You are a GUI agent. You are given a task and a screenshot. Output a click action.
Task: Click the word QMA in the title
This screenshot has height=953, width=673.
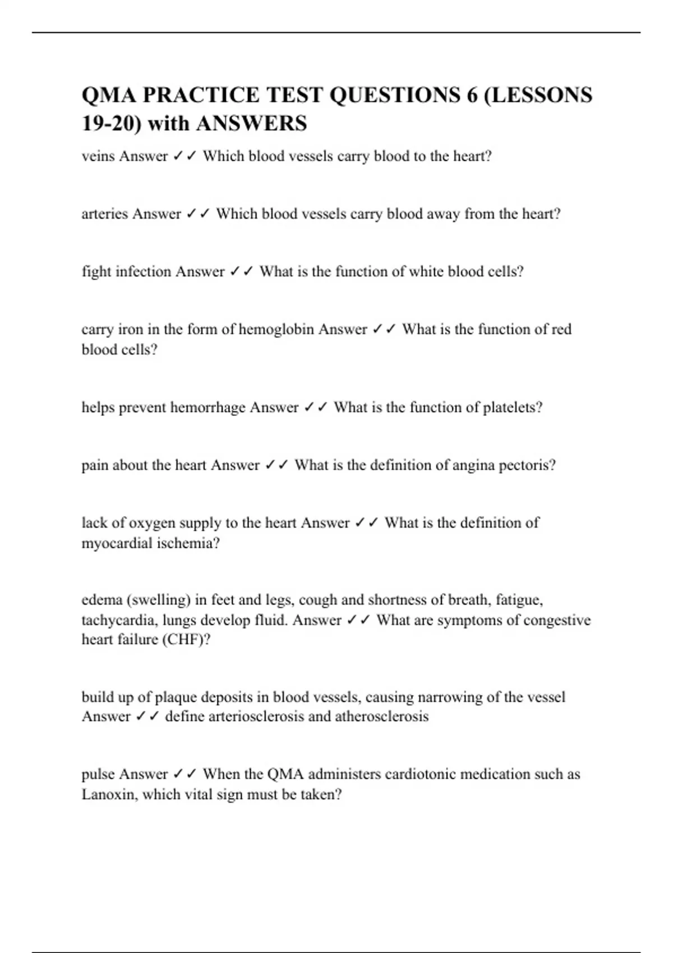coord(108,95)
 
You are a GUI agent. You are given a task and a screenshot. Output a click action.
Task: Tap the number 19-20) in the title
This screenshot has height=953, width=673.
coord(111,123)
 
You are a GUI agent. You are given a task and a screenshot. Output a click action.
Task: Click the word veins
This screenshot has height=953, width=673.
coord(98,156)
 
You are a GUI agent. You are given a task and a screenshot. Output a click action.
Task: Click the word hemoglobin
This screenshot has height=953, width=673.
coord(276,329)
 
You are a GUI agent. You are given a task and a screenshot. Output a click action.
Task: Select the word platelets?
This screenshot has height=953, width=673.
coord(513,408)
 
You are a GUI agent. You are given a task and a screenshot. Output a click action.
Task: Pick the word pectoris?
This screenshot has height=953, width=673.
coord(527,465)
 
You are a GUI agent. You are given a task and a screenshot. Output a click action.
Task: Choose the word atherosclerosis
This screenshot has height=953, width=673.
coord(382,716)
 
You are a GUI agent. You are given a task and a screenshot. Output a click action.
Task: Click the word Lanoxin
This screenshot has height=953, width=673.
coord(109,794)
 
